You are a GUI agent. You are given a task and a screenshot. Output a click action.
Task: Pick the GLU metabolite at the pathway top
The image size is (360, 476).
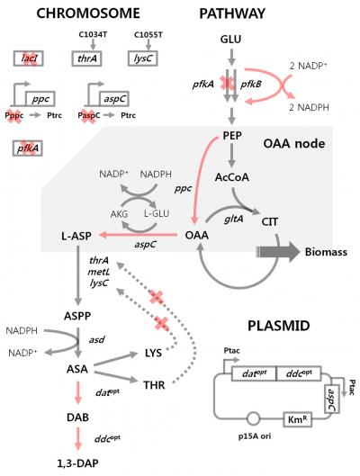click(230, 41)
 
